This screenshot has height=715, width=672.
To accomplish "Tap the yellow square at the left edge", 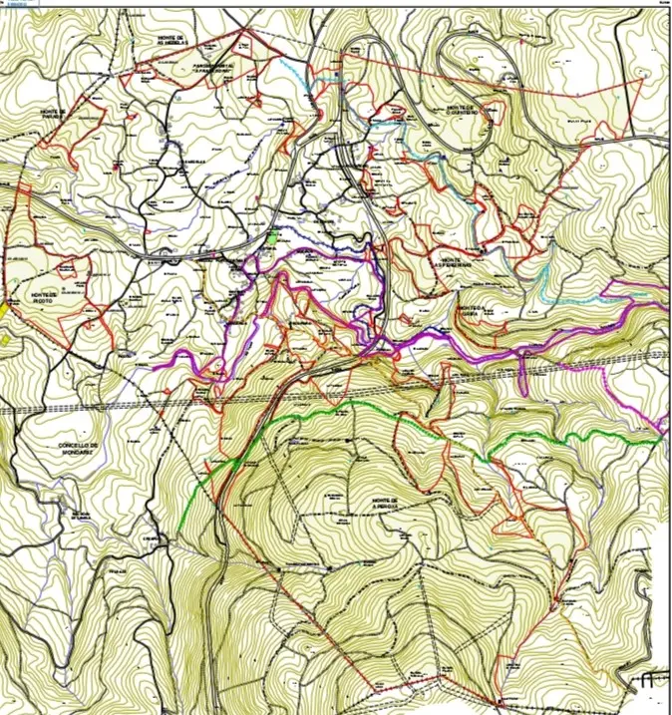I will pyautogui.click(x=5, y=310).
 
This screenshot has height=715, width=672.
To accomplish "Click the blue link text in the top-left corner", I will pyautogui.click(x=15, y=4).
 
